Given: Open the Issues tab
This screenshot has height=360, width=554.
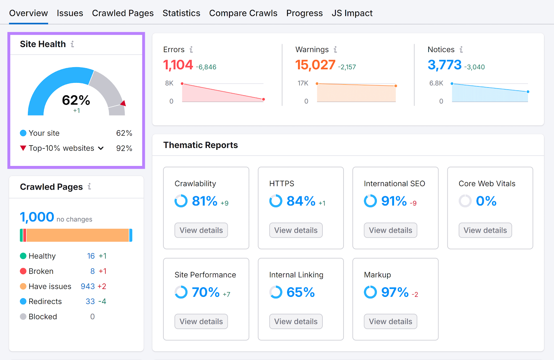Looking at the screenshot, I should click(x=70, y=13).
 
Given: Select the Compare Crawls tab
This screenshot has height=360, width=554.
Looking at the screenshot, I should click(x=243, y=13).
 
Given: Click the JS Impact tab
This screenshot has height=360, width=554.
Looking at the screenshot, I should click(x=352, y=13).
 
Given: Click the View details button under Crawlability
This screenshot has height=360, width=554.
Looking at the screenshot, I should click(x=201, y=230).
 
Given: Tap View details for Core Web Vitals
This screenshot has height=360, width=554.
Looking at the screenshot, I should click(x=485, y=230).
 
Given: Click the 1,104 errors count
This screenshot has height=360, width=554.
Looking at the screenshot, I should click(x=178, y=65).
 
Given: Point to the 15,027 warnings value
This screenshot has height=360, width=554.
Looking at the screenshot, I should click(x=315, y=65).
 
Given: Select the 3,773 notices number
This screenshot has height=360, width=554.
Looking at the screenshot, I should click(x=445, y=65).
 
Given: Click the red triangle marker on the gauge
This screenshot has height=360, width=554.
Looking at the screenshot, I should click(x=123, y=103).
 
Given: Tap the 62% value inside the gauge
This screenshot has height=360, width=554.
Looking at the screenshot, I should click(x=76, y=100).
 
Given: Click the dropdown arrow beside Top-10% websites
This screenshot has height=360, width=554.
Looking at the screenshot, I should click(x=101, y=148).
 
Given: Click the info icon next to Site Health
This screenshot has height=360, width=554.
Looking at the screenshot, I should click(x=72, y=44).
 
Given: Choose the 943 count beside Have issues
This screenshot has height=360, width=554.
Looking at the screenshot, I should click(x=88, y=287).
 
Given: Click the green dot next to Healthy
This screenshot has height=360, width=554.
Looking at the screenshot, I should click(x=23, y=256).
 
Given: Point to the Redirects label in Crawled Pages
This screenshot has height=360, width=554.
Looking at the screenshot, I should click(x=45, y=301).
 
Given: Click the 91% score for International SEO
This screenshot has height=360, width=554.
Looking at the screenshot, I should click(x=394, y=201).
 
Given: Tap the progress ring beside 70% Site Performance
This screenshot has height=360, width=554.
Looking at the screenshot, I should click(x=181, y=292).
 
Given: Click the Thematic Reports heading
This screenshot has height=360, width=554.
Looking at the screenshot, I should click(x=200, y=145).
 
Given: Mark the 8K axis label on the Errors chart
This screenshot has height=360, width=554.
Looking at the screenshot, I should click(x=169, y=83).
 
